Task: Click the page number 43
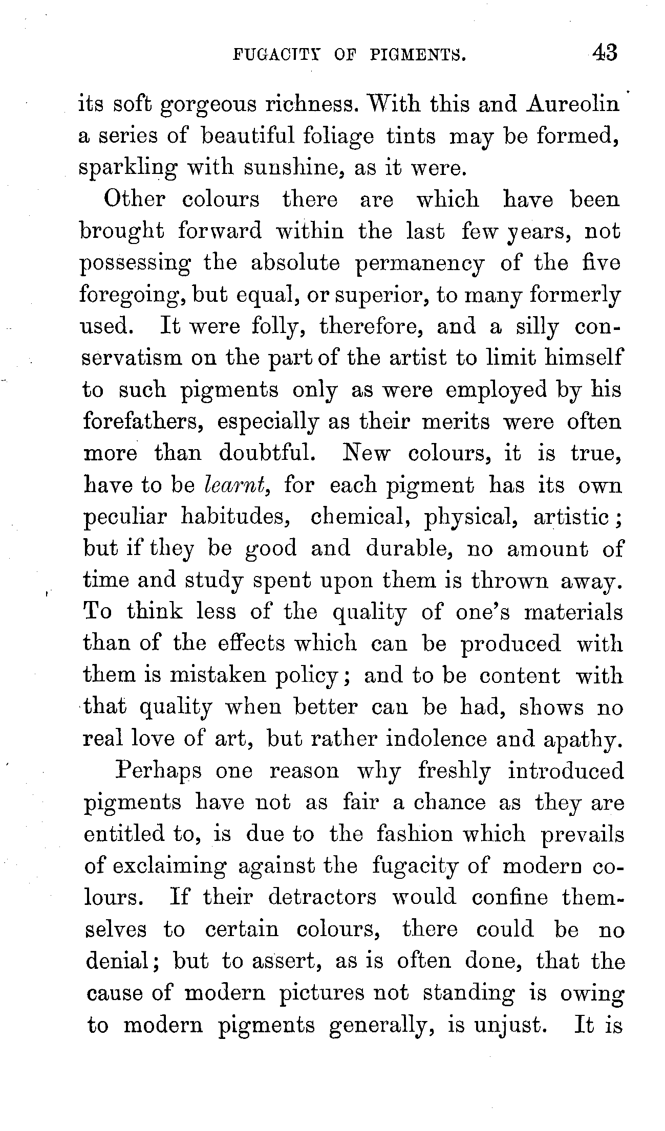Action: tap(605, 53)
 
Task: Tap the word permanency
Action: tap(419, 264)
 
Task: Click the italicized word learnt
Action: tap(237, 484)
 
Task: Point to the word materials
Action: tap(573, 612)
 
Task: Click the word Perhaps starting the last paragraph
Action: tap(158, 771)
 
